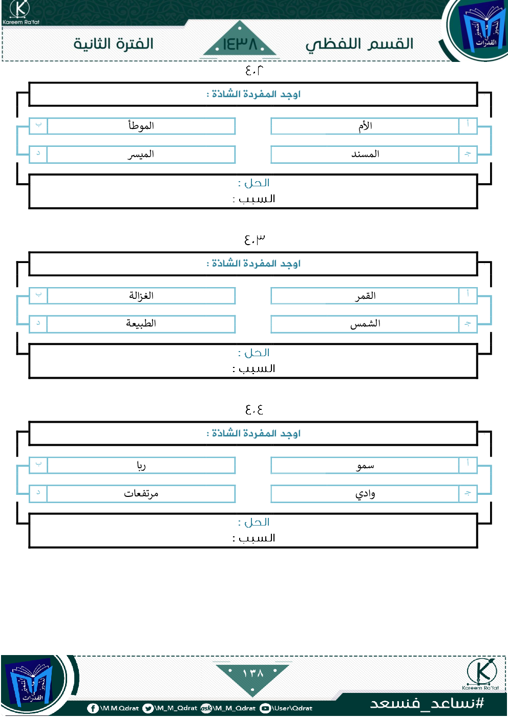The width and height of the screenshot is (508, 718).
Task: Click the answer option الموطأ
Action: point(141,126)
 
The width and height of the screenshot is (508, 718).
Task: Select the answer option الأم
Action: point(365,126)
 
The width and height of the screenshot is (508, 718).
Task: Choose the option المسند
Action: point(365,154)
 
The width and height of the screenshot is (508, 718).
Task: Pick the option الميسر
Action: point(141,154)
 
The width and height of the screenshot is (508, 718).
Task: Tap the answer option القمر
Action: point(365,296)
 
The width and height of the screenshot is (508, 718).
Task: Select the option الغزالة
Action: point(141,296)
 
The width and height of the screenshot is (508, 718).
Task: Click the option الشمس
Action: point(365,324)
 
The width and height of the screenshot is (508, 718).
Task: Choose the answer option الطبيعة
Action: point(141,323)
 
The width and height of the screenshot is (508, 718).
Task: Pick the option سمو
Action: point(365,466)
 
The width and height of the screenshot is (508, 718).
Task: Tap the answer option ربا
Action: point(141,466)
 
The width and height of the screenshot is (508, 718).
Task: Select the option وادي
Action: point(365,494)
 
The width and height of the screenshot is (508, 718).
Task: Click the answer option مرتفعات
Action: point(141,493)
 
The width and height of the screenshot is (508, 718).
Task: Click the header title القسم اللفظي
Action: point(359,45)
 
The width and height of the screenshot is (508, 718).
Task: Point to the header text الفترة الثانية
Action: point(113,44)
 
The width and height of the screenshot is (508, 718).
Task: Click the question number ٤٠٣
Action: point(254,239)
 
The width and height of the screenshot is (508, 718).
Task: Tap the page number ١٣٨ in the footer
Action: point(253,673)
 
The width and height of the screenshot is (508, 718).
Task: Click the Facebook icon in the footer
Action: point(93,708)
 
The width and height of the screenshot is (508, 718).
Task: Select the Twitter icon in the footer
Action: point(148,708)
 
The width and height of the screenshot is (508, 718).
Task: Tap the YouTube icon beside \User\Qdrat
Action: point(265,708)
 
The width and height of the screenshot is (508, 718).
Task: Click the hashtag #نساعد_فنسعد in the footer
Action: point(427,703)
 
